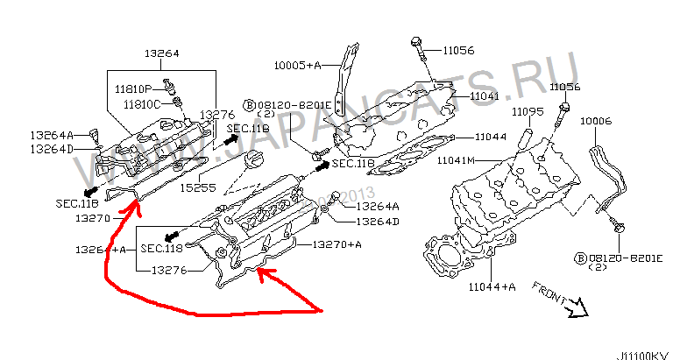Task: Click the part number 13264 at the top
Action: click(x=162, y=53)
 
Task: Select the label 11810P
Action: click(x=134, y=88)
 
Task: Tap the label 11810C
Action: click(x=140, y=103)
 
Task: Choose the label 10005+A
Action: click(x=298, y=65)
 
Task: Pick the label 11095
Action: click(x=528, y=111)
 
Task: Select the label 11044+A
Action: click(x=491, y=286)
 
